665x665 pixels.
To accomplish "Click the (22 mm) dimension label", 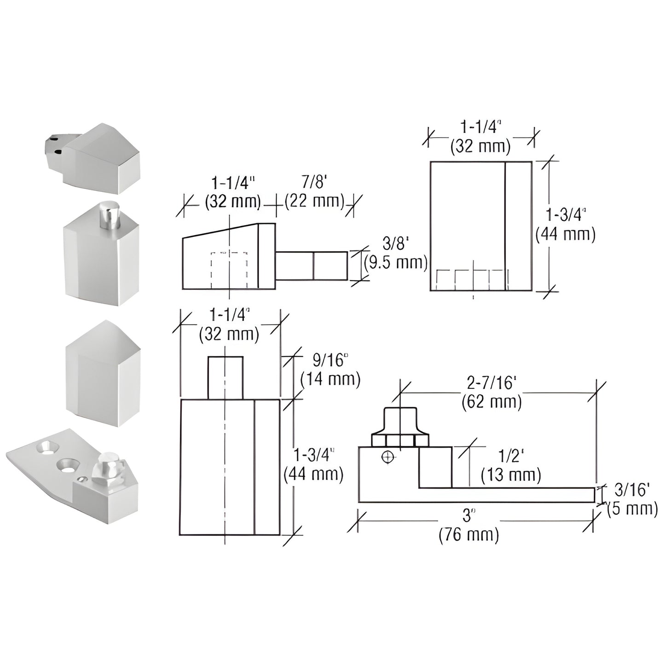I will tap(314, 201).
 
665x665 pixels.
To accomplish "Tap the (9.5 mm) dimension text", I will tap(396, 263).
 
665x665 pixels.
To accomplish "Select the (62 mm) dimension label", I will tap(492, 402).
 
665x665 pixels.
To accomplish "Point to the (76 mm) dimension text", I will tap(468, 535).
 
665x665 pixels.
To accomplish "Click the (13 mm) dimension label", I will tap(511, 474).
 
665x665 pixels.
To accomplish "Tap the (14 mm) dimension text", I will tap(330, 379).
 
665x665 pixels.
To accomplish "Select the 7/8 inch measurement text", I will tap(314, 183).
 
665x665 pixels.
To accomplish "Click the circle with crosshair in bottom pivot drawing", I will tap(388, 457).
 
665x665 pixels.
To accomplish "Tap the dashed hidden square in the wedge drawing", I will tap(229, 270).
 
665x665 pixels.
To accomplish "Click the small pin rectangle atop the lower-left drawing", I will tap(225, 378).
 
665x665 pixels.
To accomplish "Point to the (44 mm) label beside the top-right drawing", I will tap(565, 234).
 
